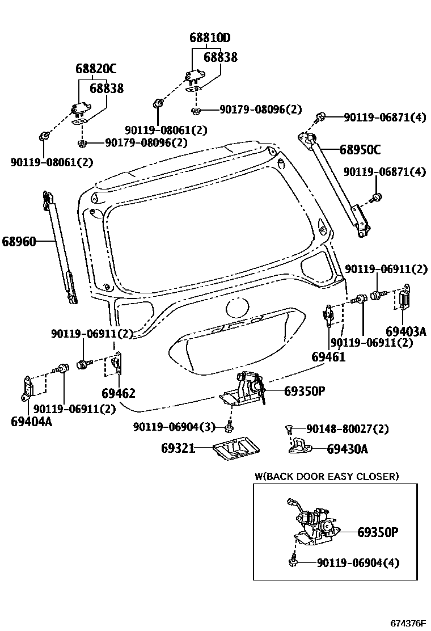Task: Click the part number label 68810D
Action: tap(210, 39)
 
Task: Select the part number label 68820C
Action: tap(95, 69)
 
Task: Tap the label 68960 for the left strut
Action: tap(19, 242)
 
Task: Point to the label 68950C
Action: tap(360, 150)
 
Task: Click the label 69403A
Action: tap(405, 331)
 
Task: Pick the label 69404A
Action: tap(31, 421)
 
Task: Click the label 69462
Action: tap(119, 393)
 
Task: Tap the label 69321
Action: tap(178, 448)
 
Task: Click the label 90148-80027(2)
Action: tap(347, 428)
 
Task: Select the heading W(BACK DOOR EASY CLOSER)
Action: tap(327, 476)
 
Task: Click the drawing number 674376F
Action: tap(408, 623)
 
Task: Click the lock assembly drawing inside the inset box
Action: tap(312, 525)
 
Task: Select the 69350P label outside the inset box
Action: tap(304, 391)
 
